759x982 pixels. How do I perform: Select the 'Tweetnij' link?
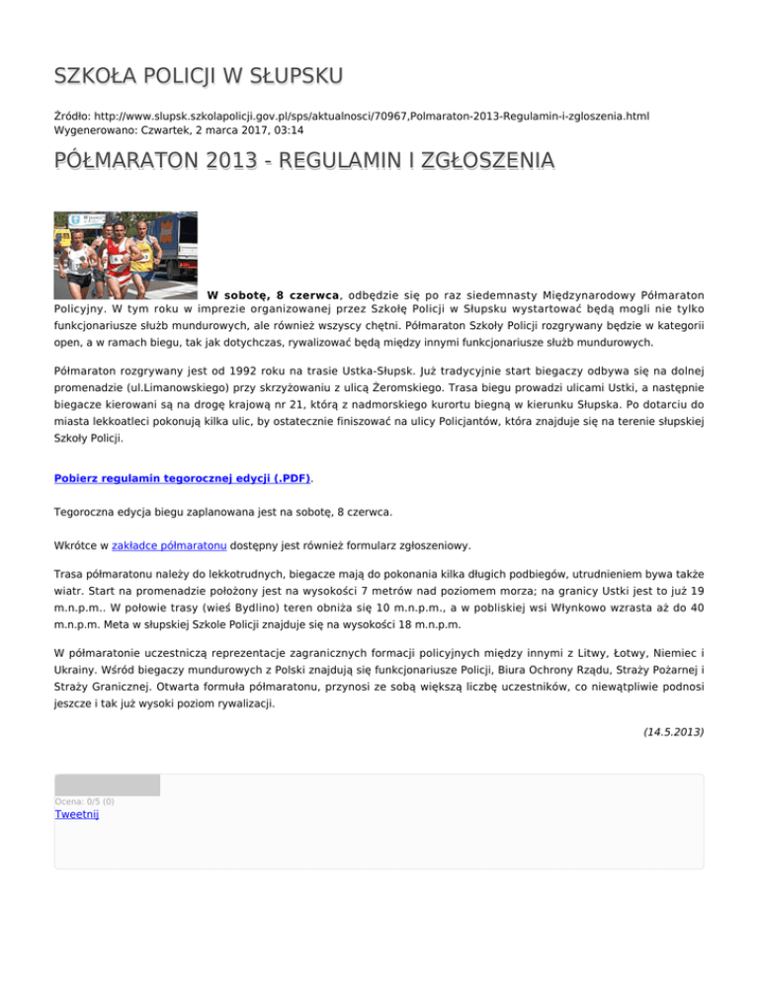tap(77, 814)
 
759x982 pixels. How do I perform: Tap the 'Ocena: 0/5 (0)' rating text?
tap(84, 801)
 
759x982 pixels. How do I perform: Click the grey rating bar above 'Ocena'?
tap(107, 785)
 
